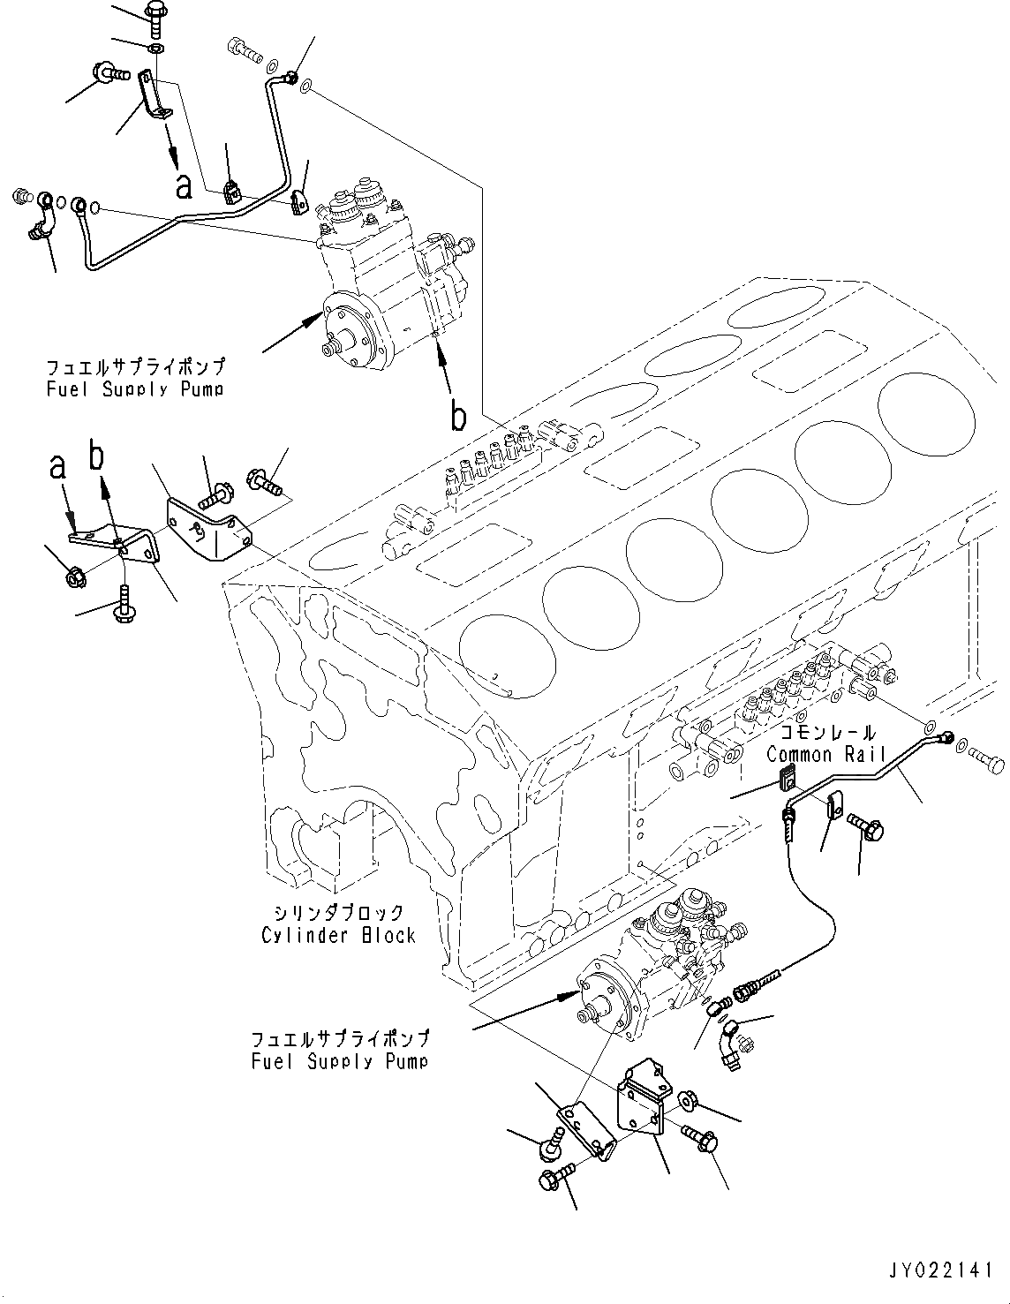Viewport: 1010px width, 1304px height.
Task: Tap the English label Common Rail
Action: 825,754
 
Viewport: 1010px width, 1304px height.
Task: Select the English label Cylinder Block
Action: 338,934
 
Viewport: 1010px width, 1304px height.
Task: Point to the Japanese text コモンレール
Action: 827,733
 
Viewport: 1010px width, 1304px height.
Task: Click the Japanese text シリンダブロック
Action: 338,913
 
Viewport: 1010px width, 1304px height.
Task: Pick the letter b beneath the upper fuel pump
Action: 457,416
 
